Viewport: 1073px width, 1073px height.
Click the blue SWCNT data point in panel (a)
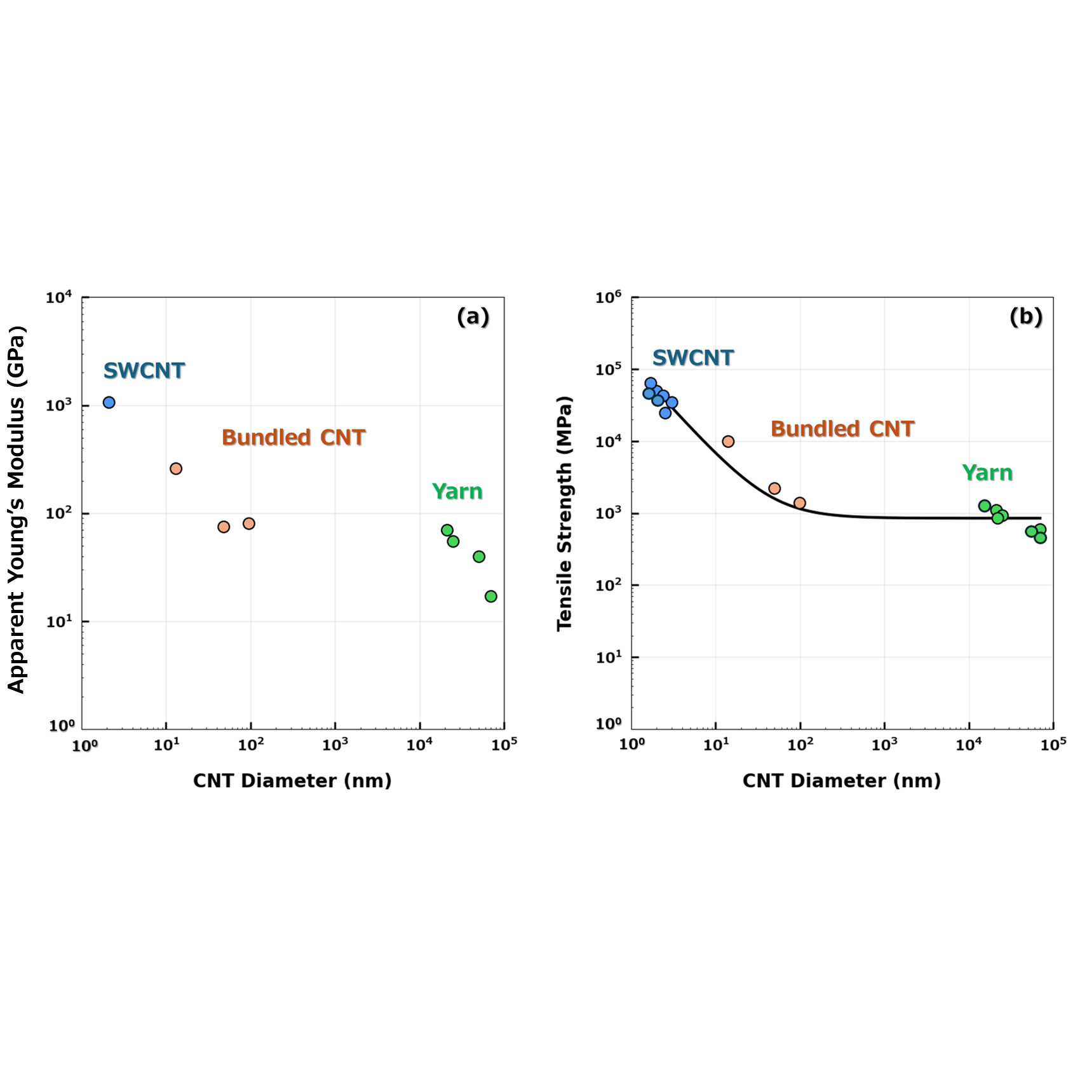109,402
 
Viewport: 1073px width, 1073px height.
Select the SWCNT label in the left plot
144,370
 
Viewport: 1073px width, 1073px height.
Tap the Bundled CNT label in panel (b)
842,429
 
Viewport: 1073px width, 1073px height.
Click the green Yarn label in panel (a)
457,491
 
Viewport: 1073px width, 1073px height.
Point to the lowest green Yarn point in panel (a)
490,596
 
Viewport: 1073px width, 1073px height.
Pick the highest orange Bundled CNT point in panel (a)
176,468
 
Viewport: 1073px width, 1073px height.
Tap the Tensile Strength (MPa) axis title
564,513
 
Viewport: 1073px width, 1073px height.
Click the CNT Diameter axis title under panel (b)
841,780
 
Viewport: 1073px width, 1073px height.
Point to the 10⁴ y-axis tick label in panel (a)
58,297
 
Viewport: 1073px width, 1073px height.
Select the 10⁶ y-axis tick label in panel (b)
608,297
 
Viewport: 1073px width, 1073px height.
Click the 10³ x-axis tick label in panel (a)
335,744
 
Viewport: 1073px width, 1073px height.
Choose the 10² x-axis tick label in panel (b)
800,744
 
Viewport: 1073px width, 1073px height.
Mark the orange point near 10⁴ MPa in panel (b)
728,441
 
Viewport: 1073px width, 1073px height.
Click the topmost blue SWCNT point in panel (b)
651,383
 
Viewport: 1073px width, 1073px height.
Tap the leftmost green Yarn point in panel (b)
984,506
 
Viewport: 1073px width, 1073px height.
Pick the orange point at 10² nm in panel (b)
799,503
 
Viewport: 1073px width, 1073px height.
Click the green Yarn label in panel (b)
987,473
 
